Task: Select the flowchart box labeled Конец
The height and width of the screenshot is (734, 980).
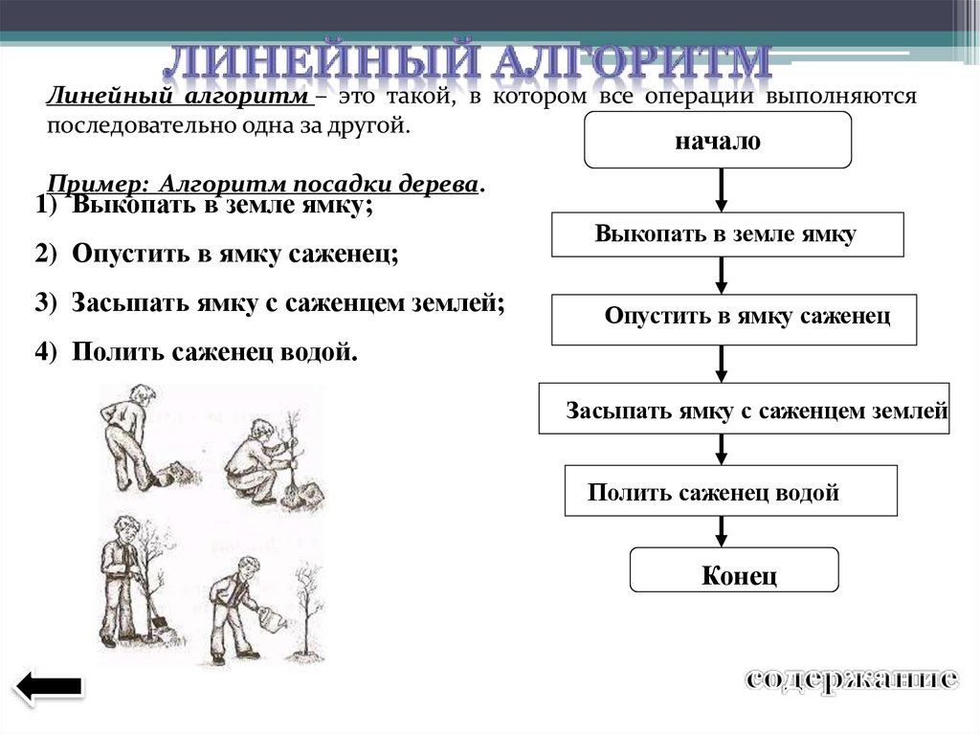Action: pos(734,575)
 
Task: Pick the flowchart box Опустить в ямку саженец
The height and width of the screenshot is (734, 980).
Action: pos(734,319)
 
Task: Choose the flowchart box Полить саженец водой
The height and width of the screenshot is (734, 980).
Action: pos(731,493)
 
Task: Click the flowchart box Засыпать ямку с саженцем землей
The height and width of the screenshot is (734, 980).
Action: pos(744,409)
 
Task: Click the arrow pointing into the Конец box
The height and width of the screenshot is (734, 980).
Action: pos(723,531)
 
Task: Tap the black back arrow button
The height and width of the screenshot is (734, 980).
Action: pos(48,685)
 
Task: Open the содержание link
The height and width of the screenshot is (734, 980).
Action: pos(850,679)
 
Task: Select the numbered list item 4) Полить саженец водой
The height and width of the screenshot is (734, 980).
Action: pos(196,352)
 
